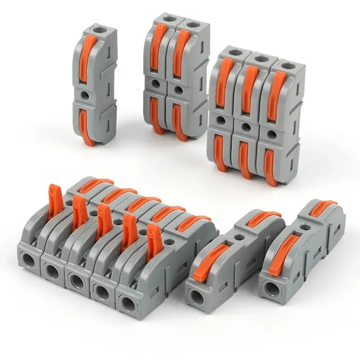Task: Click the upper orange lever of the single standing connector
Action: (x=87, y=58)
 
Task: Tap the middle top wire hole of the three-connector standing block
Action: (x=258, y=58)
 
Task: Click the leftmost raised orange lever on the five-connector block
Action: (x=55, y=200)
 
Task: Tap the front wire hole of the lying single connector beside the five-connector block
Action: (x=197, y=295)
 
